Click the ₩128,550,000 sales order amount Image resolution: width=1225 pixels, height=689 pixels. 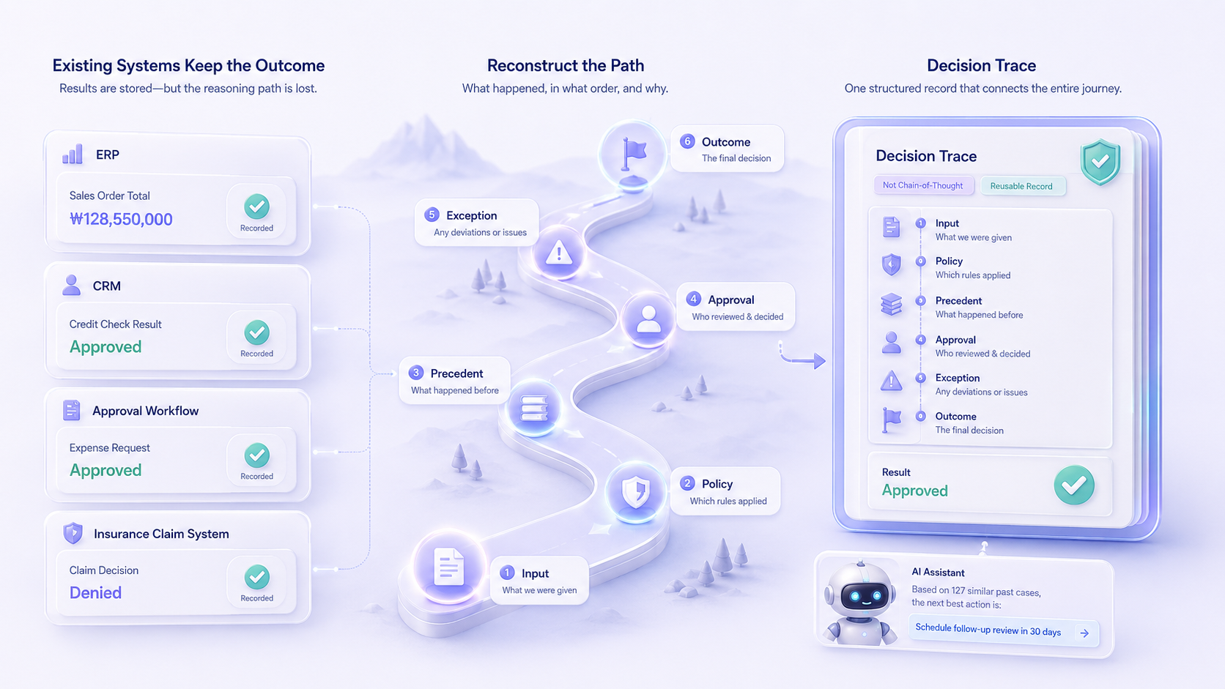click(x=121, y=219)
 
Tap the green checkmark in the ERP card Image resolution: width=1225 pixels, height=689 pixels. click(x=256, y=206)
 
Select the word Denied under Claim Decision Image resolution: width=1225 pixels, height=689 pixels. click(x=95, y=593)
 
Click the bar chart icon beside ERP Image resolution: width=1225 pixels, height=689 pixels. click(x=73, y=154)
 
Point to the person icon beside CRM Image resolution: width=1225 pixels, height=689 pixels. click(x=72, y=286)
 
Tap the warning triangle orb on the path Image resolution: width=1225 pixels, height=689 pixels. click(x=558, y=253)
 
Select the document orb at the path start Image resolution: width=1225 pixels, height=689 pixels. click(x=448, y=567)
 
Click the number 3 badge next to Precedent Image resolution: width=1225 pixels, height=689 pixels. click(x=416, y=373)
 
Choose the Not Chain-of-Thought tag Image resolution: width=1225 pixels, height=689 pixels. click(x=923, y=185)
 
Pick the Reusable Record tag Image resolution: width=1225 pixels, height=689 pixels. click(x=1021, y=186)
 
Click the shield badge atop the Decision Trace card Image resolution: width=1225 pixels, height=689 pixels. click(x=1100, y=162)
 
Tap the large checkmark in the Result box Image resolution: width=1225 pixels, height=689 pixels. click(x=1074, y=485)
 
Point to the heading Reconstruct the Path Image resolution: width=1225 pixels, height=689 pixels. click(x=566, y=66)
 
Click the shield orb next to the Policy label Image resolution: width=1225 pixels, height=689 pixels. click(x=636, y=491)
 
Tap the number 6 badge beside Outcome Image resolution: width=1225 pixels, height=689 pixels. click(x=687, y=141)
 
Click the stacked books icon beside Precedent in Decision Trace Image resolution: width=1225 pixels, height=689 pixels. click(x=892, y=305)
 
